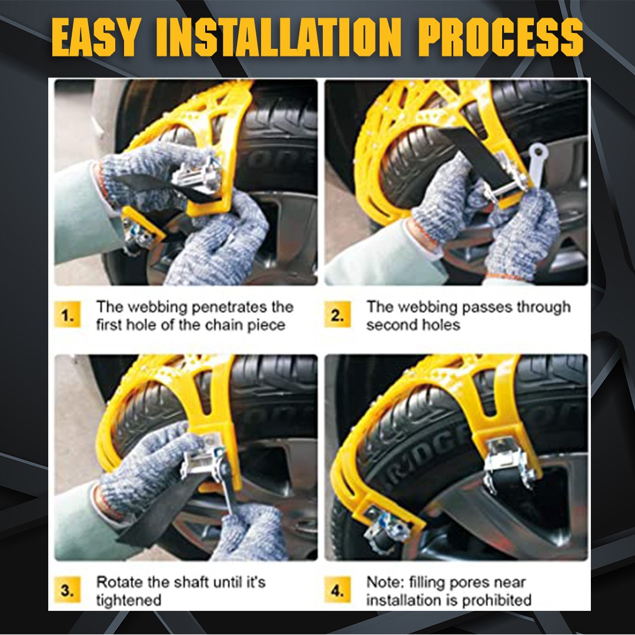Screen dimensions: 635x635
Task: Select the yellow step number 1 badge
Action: coord(68,316)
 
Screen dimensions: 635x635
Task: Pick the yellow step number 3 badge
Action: coord(68,591)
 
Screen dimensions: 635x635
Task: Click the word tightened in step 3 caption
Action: coord(128,600)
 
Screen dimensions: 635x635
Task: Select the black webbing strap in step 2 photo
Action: coord(476,153)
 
